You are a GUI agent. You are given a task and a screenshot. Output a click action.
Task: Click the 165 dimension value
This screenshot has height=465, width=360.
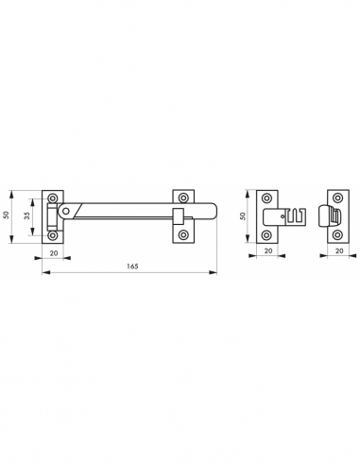[132, 267]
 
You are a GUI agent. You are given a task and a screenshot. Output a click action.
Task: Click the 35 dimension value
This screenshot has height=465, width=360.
[27, 216]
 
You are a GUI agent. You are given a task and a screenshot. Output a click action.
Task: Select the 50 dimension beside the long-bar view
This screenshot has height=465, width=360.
[6, 215]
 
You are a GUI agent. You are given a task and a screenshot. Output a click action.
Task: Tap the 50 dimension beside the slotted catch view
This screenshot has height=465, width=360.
[243, 216]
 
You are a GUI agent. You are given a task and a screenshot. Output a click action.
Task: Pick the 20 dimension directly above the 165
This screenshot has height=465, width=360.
[54, 252]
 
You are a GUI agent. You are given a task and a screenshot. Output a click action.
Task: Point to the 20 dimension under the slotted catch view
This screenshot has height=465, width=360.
[268, 250]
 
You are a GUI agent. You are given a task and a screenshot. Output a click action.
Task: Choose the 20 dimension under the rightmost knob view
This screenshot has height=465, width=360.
[339, 250]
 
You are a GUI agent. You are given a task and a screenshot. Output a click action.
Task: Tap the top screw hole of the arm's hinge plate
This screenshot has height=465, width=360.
[53, 198]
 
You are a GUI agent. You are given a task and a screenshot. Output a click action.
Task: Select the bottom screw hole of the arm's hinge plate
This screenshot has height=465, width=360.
[53, 235]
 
